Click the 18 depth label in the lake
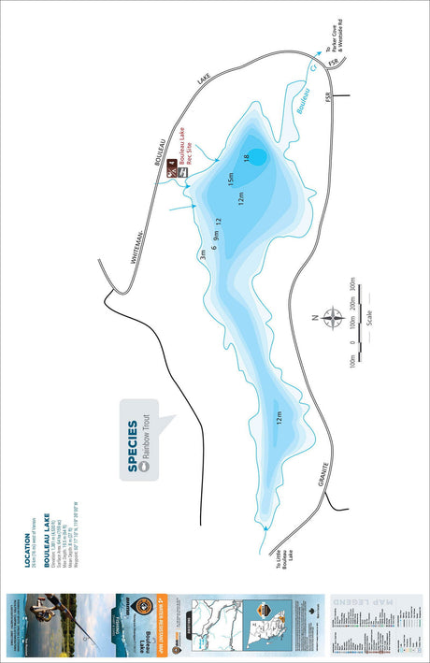tap(247, 158)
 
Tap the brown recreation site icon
tap(172, 170)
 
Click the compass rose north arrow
tap(333, 318)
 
